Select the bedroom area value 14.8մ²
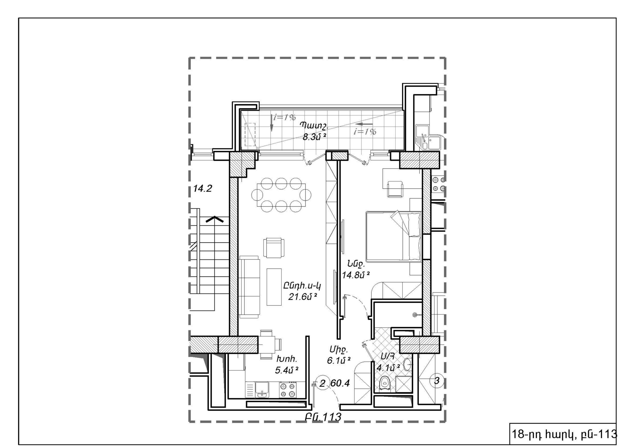tap(355, 275)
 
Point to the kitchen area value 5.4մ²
tap(287, 370)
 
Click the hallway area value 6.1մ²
tap(338, 361)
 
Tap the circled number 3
tap(436, 381)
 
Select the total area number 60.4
tap(340, 383)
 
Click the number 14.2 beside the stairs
tap(203, 189)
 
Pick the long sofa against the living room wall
tap(249, 287)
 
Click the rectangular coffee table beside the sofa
tap(274, 287)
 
